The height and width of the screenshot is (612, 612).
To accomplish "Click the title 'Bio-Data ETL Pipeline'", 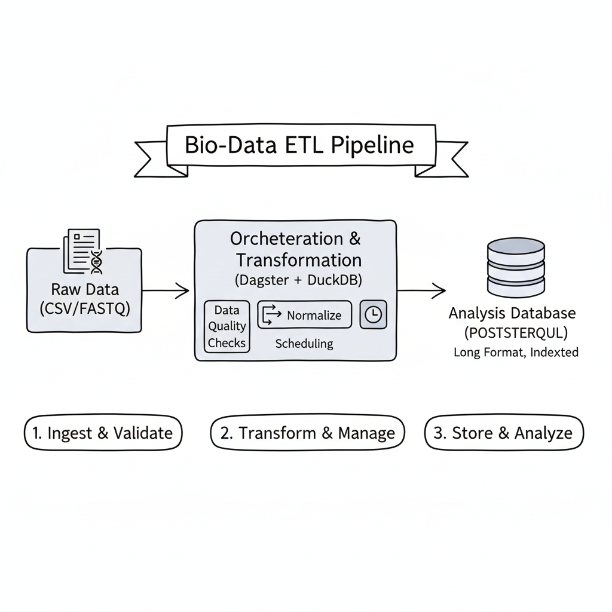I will [x=299, y=146].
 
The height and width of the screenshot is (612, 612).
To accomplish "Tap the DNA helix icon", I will [x=96, y=261].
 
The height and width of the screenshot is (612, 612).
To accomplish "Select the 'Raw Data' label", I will [x=85, y=290].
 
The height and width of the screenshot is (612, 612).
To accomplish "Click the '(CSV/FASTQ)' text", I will [x=85, y=310].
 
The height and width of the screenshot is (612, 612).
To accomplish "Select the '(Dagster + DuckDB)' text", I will [x=295, y=280].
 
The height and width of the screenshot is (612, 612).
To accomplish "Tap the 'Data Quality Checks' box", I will [x=227, y=326].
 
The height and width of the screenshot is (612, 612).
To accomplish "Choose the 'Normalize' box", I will [x=304, y=315].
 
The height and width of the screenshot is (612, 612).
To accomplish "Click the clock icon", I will [x=373, y=315].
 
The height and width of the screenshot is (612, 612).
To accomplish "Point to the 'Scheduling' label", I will [x=304, y=344].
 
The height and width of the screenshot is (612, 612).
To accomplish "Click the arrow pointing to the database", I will [x=421, y=291].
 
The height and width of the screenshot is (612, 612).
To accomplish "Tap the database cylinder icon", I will [x=516, y=267].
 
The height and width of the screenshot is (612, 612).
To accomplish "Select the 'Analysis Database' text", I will [x=512, y=313].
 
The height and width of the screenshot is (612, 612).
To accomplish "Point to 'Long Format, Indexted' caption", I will [x=516, y=352].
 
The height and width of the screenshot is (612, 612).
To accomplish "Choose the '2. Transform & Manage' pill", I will [x=307, y=433].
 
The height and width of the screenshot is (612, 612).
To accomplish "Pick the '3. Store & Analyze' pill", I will [x=503, y=433].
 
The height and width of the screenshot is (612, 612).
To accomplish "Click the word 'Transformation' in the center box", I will [x=298, y=260].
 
